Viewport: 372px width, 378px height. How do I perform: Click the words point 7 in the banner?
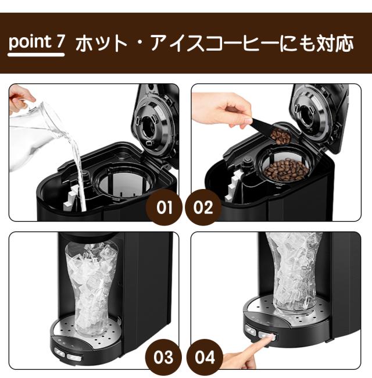point(37,42)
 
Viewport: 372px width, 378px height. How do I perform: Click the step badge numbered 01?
point(164,207)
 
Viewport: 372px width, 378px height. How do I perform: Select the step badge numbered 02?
point(203,207)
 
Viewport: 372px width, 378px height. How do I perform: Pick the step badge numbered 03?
point(163,357)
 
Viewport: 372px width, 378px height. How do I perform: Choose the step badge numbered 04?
point(205,357)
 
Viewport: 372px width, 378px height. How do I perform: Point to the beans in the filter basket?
point(286,170)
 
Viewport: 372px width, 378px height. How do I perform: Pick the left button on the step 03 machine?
point(59,352)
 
